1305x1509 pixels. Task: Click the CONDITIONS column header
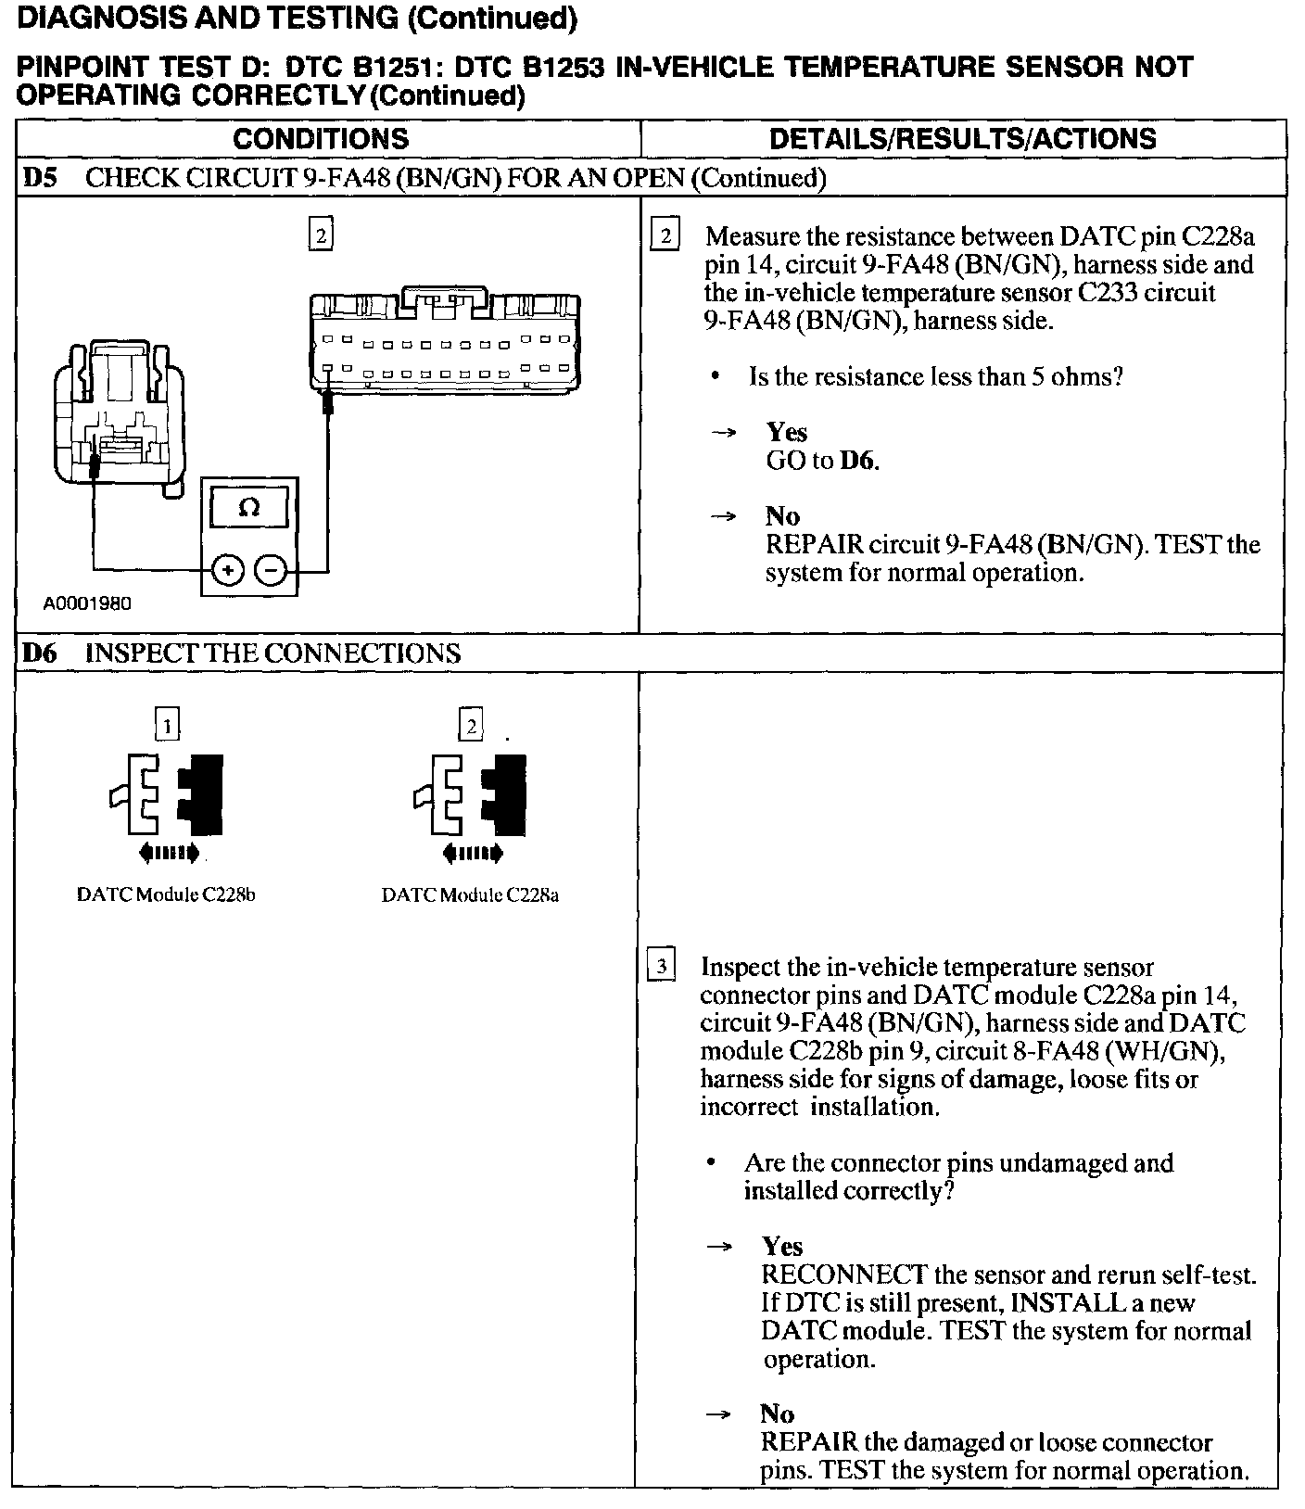click(321, 139)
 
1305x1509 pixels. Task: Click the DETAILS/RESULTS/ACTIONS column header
click(963, 139)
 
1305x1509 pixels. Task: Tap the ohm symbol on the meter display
click(249, 508)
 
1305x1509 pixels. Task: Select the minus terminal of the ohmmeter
click(271, 570)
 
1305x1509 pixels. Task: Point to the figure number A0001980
click(87, 603)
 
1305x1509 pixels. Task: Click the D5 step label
click(40, 178)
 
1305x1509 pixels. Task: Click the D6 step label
click(40, 653)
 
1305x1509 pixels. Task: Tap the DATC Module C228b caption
click(166, 895)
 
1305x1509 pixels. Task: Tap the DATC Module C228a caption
click(470, 895)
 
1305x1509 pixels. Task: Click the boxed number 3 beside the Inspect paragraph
click(661, 966)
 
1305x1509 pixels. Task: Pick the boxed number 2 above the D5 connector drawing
click(320, 235)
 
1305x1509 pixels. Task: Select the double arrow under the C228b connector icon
click(167, 853)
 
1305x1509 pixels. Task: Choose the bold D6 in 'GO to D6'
click(859, 461)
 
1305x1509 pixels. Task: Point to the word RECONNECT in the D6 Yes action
click(844, 1274)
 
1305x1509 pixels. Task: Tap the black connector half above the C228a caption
click(508, 793)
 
